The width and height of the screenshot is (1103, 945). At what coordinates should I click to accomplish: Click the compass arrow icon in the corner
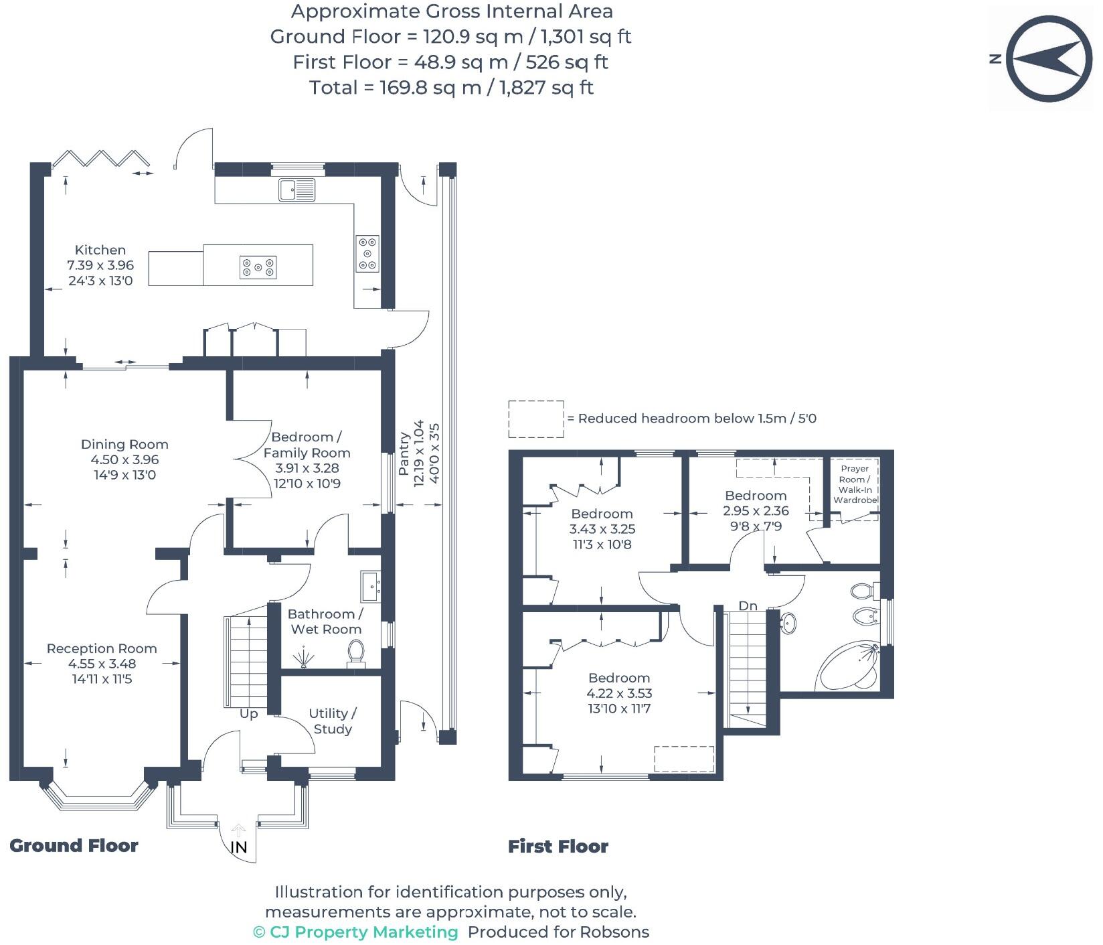point(1047,60)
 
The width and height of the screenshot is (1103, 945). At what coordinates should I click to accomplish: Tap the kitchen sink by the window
point(297,190)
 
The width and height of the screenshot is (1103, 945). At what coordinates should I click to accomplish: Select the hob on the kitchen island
point(258,267)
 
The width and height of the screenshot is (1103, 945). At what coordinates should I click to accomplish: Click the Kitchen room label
point(100,250)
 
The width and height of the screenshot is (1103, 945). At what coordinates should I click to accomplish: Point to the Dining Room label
point(124,444)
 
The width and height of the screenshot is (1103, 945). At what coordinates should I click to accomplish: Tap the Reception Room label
point(102,648)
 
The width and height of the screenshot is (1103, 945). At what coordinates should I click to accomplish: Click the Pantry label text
point(404,453)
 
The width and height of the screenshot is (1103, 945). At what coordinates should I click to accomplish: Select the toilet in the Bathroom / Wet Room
point(355,652)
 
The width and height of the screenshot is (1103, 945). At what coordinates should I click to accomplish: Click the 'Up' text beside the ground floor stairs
point(248,714)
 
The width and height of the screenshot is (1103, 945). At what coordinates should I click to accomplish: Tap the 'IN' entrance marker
point(239,847)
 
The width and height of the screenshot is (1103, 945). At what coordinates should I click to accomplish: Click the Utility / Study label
point(333,721)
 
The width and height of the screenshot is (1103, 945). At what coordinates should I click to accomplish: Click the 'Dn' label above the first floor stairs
point(748,606)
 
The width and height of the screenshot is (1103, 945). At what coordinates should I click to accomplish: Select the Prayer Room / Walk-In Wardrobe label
point(855,484)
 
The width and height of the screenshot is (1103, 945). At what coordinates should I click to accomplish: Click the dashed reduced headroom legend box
point(536,419)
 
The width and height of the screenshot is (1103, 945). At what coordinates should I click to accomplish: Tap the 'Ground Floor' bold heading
point(74,846)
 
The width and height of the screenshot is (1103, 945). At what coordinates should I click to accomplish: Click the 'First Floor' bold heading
point(558,847)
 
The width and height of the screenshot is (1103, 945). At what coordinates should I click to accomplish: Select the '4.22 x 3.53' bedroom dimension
point(619,693)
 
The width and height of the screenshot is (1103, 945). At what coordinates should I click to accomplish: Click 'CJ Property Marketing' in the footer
point(363,932)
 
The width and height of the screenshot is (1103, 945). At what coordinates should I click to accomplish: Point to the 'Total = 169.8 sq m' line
point(451,88)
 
